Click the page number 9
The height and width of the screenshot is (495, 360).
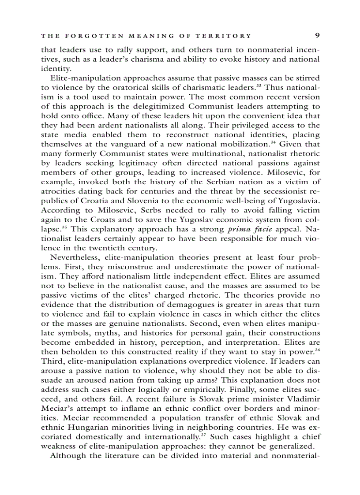point(317,36)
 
